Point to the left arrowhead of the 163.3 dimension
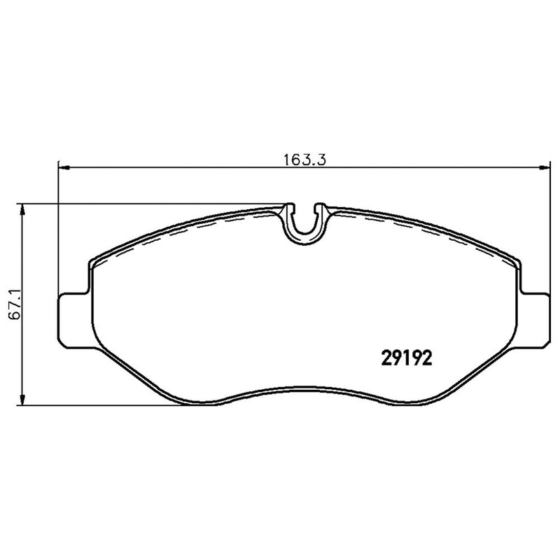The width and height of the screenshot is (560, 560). (63, 168)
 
